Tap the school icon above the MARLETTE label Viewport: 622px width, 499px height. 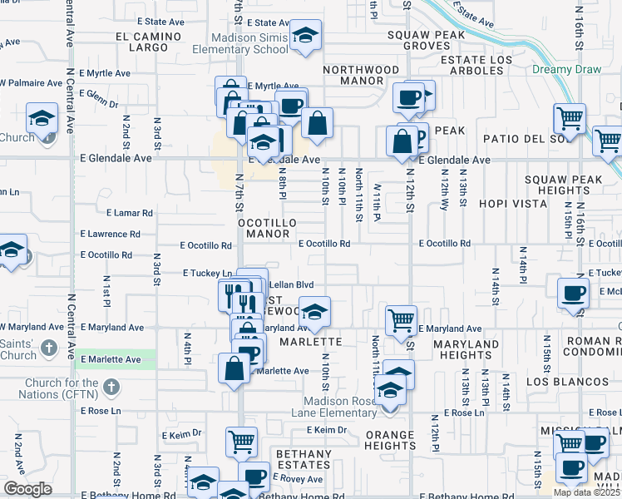[x=314, y=312]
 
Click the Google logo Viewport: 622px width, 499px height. [x=27, y=489]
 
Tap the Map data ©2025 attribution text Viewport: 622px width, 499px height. [x=585, y=492]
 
